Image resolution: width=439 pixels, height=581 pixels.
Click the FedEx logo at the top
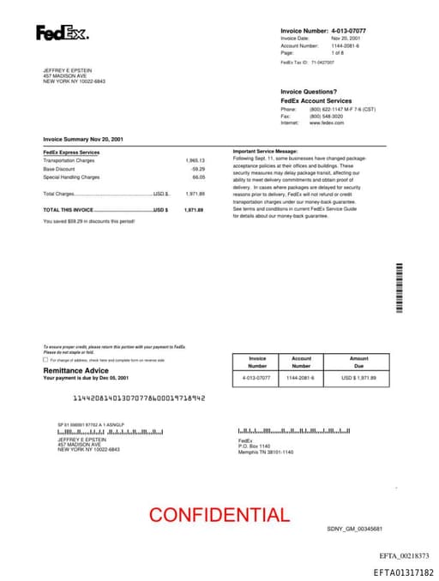point(61,33)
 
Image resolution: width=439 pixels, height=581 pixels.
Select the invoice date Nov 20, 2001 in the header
point(346,39)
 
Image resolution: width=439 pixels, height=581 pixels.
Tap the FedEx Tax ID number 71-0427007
point(322,63)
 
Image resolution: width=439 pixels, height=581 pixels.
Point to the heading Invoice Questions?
point(309,92)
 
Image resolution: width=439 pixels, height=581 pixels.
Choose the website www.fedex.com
point(327,123)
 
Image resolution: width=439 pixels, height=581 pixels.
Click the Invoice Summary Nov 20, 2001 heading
point(83,139)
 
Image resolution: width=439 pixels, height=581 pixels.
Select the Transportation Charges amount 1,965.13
point(195,160)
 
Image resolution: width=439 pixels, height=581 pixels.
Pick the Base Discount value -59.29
point(198,169)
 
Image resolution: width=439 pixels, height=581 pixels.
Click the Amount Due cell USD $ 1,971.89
point(359,377)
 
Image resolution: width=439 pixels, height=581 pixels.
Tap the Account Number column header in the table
point(302,362)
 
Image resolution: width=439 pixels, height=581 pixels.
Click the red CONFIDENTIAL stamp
point(219,515)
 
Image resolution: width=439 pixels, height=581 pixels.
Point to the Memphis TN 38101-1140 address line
point(266,452)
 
